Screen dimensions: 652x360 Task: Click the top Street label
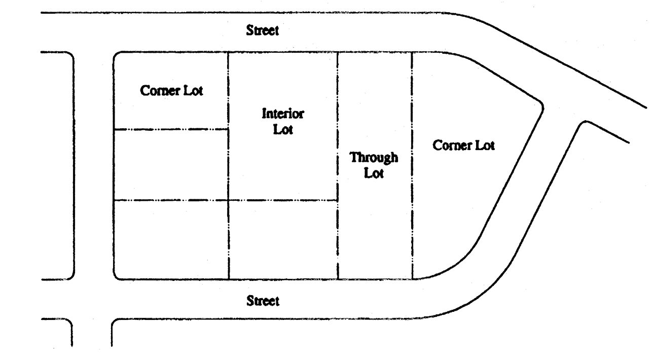(x=262, y=31)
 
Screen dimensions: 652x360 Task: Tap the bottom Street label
(x=262, y=301)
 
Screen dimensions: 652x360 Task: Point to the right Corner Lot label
(x=463, y=146)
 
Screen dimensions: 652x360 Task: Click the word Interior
(x=283, y=114)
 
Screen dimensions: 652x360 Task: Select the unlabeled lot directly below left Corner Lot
(x=171, y=165)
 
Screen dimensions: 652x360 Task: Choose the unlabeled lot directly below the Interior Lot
(x=283, y=239)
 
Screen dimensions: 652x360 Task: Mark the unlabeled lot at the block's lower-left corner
(x=171, y=239)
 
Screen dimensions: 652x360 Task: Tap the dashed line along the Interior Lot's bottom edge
(x=283, y=200)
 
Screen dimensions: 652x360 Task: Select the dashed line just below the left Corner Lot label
(x=171, y=129)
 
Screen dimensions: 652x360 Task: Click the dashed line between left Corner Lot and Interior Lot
(x=228, y=91)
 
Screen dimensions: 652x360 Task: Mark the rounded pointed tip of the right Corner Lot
(x=541, y=107)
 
